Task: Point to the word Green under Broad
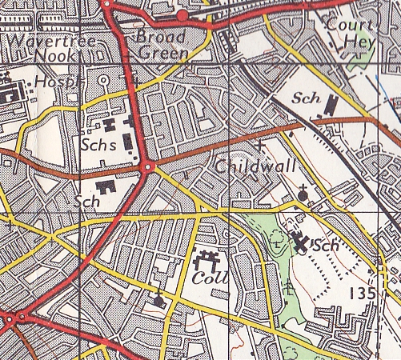(162, 54)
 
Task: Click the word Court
(348, 24)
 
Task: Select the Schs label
(98, 146)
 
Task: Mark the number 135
(363, 294)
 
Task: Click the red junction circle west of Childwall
(149, 166)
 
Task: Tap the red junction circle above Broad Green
(182, 15)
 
